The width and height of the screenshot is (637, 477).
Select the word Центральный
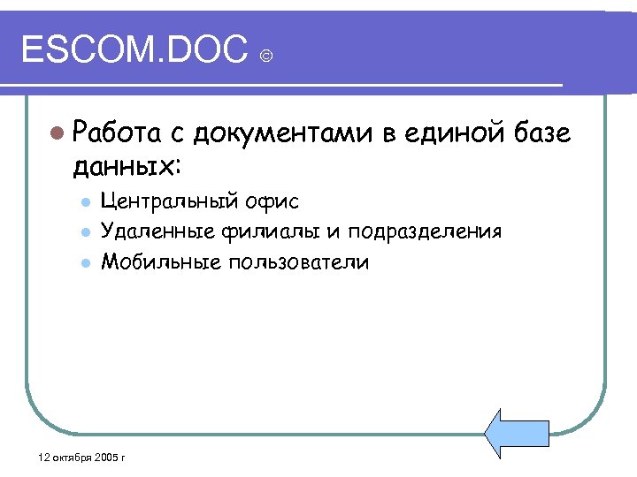[168, 201]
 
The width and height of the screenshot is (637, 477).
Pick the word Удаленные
[154, 231]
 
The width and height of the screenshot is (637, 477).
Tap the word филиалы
[252, 231]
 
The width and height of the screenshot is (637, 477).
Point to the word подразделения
[425, 231]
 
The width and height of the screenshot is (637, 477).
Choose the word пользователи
[298, 262]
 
